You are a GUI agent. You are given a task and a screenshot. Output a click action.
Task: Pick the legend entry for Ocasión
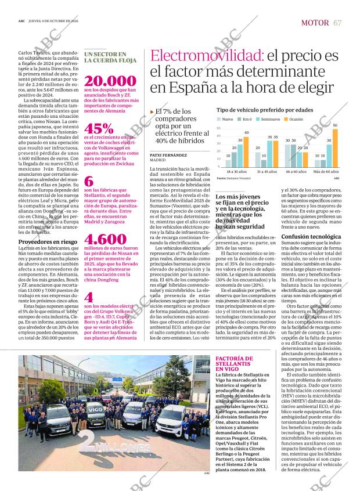point(296,118)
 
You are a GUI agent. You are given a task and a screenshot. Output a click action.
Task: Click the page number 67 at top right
point(337,22)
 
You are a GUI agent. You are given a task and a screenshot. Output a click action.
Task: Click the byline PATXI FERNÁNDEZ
point(168,156)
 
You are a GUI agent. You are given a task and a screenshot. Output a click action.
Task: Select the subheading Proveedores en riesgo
point(47,241)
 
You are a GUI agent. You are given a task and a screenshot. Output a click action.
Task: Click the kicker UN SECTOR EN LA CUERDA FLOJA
point(110,56)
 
